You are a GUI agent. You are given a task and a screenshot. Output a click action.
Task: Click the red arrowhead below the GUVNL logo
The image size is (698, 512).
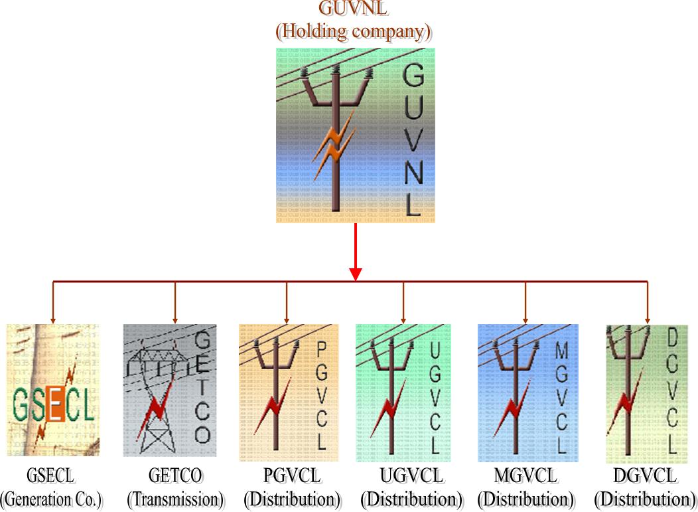click(x=356, y=273)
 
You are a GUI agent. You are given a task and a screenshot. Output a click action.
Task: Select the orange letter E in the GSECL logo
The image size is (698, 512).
click(x=56, y=406)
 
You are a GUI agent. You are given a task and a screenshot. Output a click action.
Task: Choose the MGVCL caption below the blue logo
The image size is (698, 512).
click(x=526, y=476)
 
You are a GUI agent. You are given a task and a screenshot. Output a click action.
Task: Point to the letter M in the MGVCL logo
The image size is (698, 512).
click(x=562, y=351)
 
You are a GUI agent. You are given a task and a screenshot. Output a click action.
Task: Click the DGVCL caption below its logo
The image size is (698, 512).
click(x=645, y=476)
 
